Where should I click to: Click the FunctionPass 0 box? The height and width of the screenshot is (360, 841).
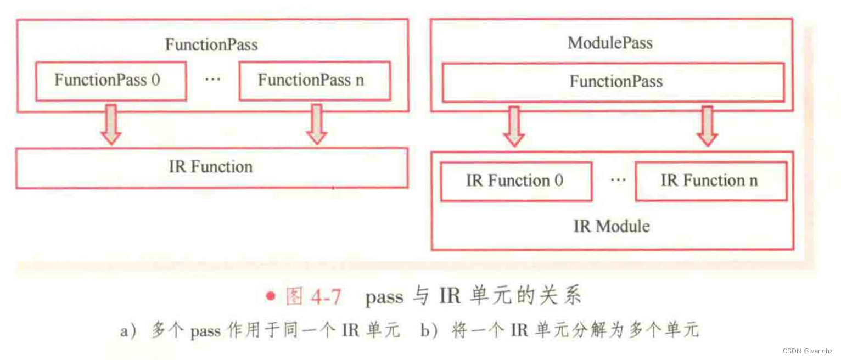pos(110,81)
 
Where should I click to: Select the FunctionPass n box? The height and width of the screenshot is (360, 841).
pos(314,81)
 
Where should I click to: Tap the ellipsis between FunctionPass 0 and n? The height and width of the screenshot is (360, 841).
pos(212,80)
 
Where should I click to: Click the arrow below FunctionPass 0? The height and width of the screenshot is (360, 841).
pos(111,124)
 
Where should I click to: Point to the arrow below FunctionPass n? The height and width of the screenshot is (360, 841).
pos(316,124)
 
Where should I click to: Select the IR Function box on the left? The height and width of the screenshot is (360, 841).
pos(211,167)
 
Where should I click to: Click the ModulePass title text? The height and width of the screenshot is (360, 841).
pos(610,43)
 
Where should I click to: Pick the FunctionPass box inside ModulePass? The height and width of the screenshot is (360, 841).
pos(613,82)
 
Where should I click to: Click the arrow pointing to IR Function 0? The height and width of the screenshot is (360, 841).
pos(514,126)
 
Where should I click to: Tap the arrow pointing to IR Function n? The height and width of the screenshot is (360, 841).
pos(707,126)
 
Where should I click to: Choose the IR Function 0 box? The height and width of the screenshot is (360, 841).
pos(515,181)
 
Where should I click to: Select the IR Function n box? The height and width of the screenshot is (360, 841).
pos(710,181)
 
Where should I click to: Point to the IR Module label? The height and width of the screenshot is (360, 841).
pos(612,226)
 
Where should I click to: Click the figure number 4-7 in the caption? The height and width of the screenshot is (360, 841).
pos(326,297)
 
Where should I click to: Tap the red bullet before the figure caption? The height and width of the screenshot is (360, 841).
pos(270,297)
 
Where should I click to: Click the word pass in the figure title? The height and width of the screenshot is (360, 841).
pos(384,298)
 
